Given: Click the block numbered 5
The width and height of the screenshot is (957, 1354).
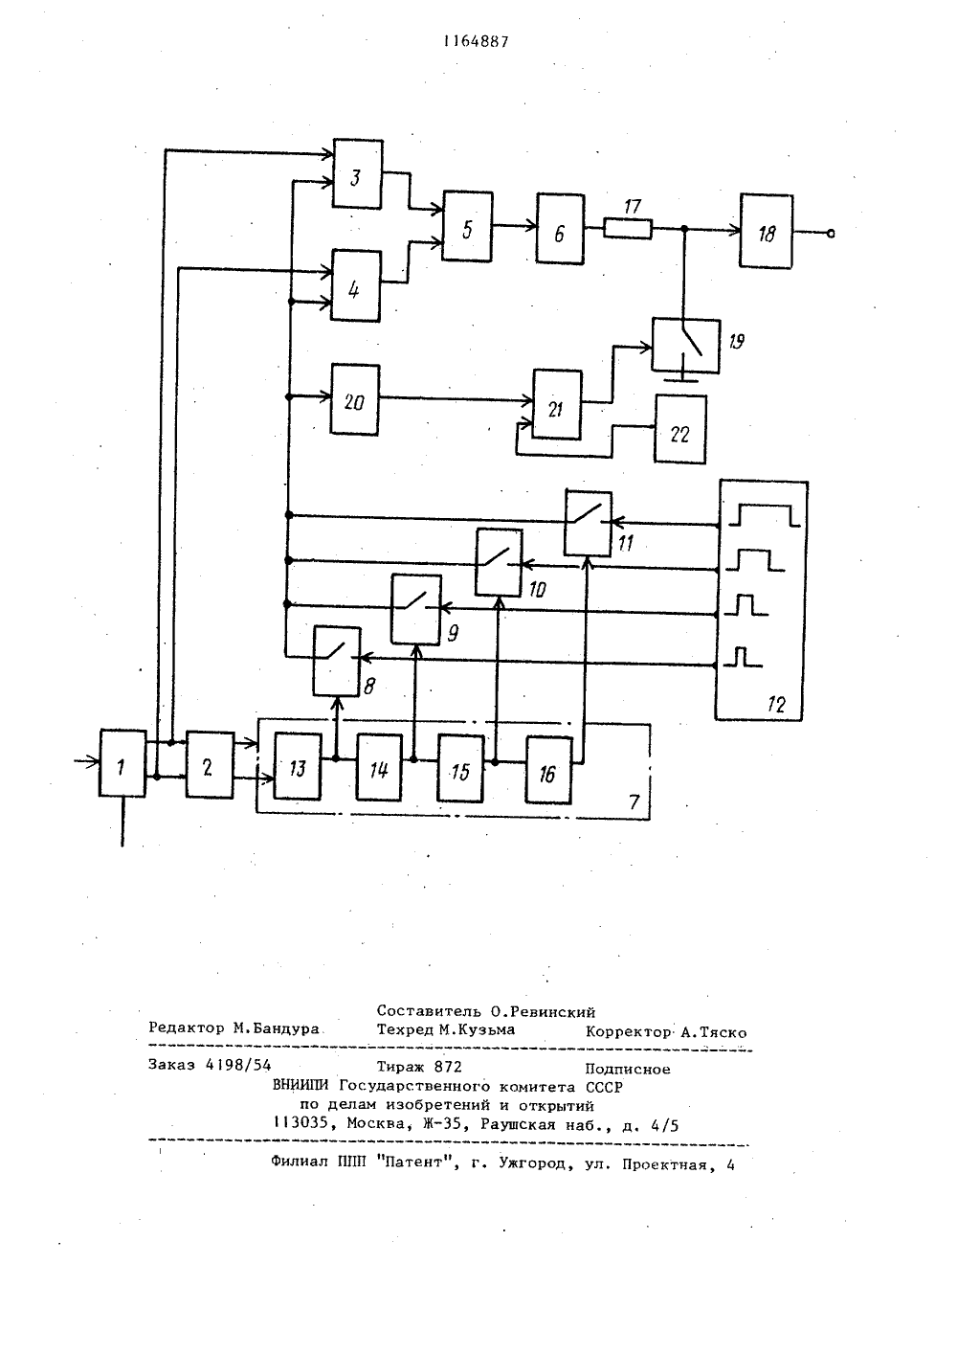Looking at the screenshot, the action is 467,227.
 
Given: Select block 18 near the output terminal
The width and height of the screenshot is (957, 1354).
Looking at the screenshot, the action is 767,232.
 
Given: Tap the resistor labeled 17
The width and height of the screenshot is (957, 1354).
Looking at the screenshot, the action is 628,229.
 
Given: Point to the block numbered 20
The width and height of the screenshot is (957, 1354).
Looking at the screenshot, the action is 355,399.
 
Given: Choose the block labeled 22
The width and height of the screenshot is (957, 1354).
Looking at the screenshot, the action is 680,430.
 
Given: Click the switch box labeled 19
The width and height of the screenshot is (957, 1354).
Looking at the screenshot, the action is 686,346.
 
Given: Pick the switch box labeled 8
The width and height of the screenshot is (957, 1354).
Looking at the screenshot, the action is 337,662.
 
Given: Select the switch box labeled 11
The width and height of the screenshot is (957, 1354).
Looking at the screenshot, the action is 588,524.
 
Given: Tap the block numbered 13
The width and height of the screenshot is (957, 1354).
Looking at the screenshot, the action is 298,766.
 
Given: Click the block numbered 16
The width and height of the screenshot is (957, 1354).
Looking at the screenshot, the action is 548,770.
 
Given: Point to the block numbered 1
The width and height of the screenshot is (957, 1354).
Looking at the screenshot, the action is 122,763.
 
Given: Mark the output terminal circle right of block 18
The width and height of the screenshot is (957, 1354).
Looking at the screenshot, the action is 831,234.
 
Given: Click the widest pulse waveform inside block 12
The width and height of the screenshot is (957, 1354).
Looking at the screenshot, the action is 765,515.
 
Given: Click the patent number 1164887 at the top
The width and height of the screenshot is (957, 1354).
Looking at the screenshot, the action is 476,42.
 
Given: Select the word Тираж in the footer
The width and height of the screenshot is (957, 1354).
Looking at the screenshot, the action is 400,1067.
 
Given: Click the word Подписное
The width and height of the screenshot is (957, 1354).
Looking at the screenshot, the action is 627,1069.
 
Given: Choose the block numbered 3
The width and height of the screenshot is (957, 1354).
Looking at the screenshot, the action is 358,174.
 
